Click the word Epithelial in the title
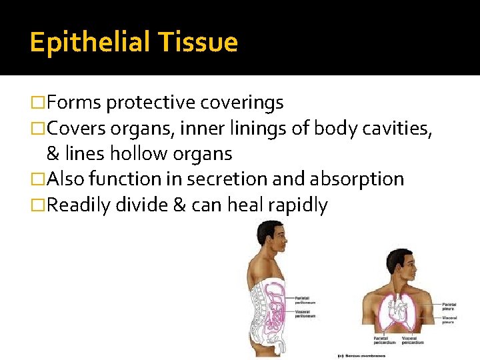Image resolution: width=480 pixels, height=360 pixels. pyautogui.click(x=89, y=43)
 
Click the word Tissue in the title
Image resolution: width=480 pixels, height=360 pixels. pyautogui.click(x=198, y=43)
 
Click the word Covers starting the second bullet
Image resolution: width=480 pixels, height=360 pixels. pyautogui.click(x=78, y=128)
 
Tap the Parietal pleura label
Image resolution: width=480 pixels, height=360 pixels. pyautogui.click(x=448, y=307)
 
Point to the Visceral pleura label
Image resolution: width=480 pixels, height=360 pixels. pyautogui.click(x=448, y=320)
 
